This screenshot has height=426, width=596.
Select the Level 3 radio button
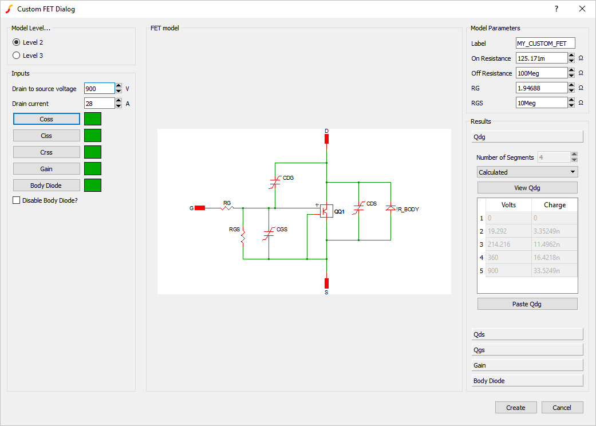pos(17,56)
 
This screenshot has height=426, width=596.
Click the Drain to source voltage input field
pos(99,89)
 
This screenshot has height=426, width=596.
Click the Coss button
pos(46,119)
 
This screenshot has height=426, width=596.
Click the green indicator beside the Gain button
pos(93,168)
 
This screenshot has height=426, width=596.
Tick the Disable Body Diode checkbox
pos(17,200)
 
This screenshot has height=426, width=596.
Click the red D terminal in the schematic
pos(326,138)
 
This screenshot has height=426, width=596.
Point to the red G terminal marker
pos(200,208)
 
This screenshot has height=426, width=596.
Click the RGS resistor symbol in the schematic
pos(243,235)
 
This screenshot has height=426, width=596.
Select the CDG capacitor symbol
pos(275,182)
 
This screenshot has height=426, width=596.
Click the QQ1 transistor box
pos(326,211)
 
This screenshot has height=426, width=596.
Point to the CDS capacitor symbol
pos(358,208)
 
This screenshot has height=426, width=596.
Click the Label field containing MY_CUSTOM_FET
pos(545,44)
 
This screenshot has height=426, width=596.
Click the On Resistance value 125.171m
pos(542,58)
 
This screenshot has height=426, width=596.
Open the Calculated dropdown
pos(527,172)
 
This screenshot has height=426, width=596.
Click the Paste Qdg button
pos(527,304)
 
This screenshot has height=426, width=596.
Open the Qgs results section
pos(527,350)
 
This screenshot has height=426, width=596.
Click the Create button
pos(516,408)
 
